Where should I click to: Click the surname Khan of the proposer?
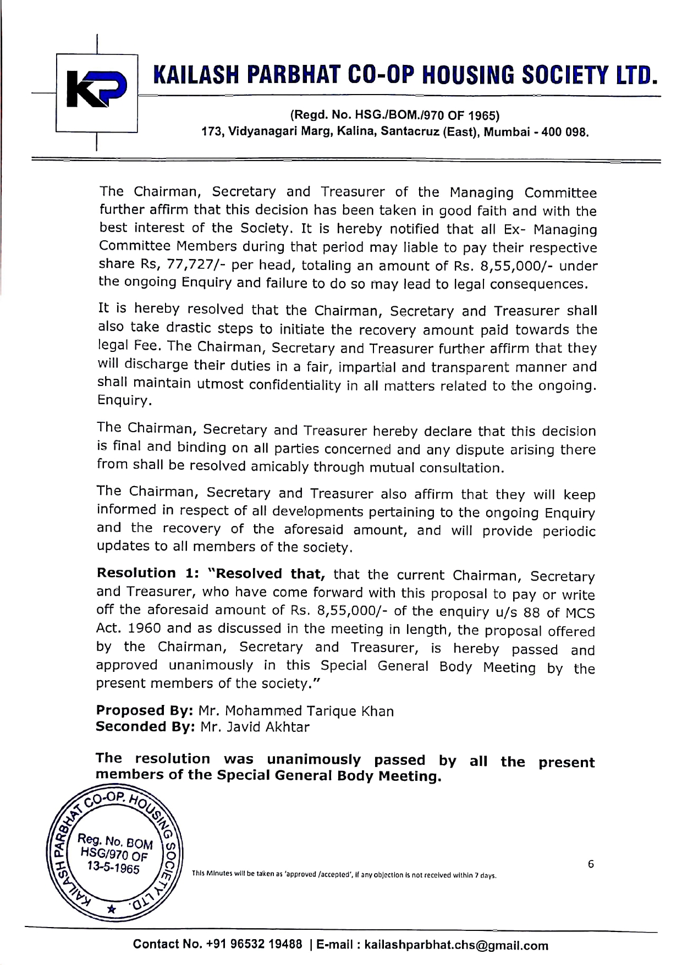point(377,711)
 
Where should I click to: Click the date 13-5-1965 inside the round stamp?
point(114,870)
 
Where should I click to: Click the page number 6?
point(591,864)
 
